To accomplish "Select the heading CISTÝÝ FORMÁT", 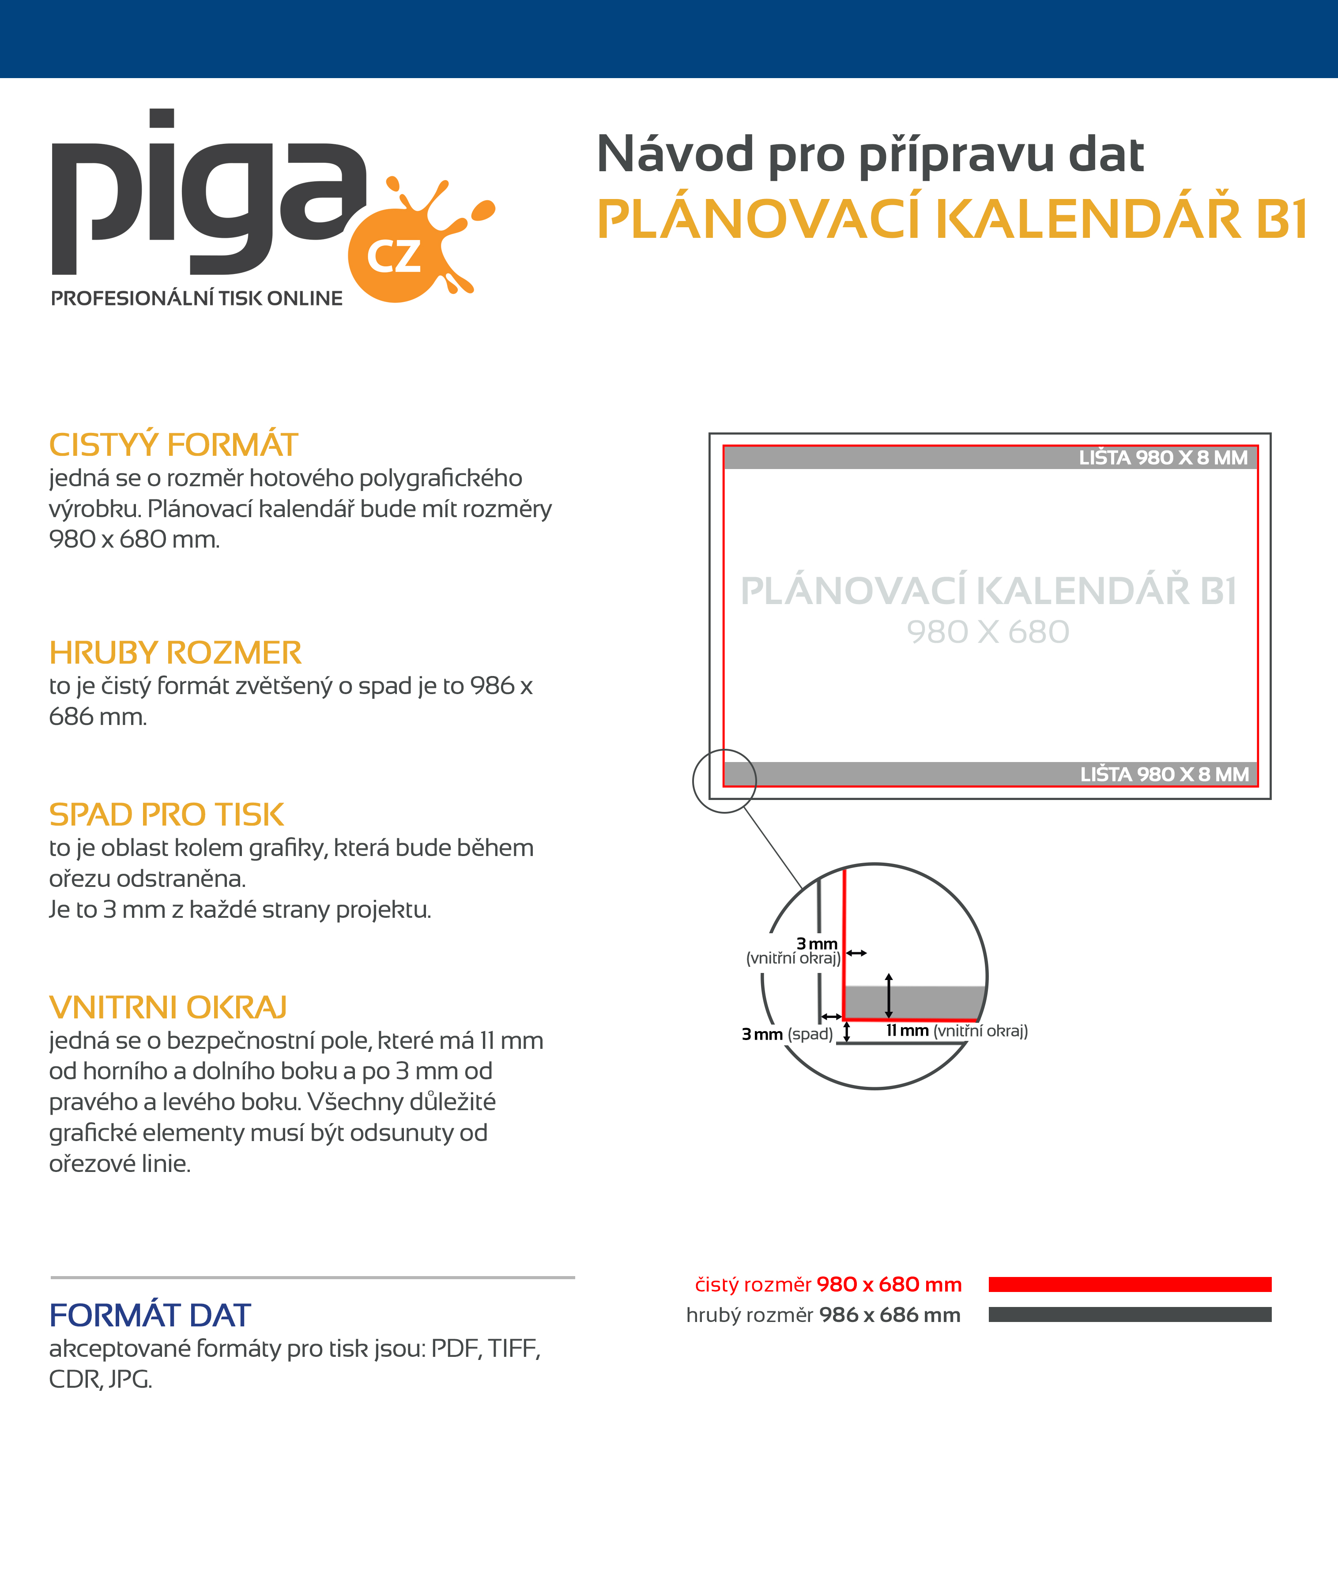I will [x=173, y=445].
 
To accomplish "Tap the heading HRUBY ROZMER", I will [x=175, y=653].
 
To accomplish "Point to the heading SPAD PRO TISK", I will [x=166, y=815].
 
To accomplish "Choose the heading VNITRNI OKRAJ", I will [x=168, y=1008].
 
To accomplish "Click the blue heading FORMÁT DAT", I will [x=149, y=1316].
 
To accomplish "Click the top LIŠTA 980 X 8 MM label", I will [x=1163, y=458].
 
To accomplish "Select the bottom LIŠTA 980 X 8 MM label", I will [x=1165, y=774].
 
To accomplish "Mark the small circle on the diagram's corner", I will [x=724, y=781].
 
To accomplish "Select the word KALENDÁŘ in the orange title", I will [x=1089, y=220].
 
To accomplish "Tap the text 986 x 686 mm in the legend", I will [x=890, y=1315].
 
